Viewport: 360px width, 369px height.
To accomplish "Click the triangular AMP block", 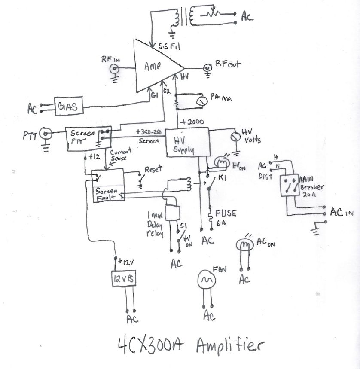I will pyautogui.click(x=155, y=67).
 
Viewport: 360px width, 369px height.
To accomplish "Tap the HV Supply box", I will pyautogui.click(x=187, y=142).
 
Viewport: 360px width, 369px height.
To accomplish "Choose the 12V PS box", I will pyautogui.click(x=124, y=279).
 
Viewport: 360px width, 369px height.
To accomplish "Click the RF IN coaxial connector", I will pyautogui.click(x=115, y=69).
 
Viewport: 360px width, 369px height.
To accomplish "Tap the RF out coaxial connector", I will pyautogui.click(x=207, y=67).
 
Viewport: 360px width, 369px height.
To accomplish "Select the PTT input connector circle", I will pyautogui.click(x=44, y=135).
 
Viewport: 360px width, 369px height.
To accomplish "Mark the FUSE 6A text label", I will pyautogui.click(x=226, y=217).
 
